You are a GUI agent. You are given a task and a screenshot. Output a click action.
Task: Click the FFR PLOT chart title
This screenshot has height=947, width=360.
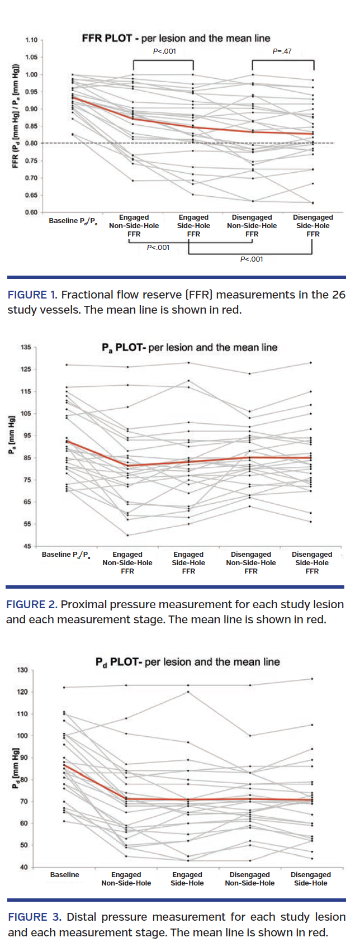tap(176, 39)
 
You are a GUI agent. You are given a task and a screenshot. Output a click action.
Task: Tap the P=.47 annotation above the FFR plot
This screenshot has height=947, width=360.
tap(282, 51)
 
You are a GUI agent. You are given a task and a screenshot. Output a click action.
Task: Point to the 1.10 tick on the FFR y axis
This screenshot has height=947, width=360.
tap(31, 40)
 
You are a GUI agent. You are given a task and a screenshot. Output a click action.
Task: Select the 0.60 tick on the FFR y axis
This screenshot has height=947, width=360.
tap(31, 212)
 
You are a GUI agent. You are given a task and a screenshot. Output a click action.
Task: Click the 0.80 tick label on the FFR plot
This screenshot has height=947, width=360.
tap(31, 144)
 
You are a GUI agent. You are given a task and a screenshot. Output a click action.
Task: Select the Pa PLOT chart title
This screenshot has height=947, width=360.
tap(189, 348)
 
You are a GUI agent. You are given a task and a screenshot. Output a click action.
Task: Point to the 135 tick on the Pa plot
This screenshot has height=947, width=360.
tap(26, 347)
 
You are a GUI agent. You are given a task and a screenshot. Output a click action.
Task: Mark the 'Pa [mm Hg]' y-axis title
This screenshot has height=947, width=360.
tap(12, 435)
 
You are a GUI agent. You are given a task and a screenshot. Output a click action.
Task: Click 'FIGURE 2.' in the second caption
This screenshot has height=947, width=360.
tap(31, 604)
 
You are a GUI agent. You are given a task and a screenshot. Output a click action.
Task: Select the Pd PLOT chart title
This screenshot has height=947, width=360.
tap(187, 662)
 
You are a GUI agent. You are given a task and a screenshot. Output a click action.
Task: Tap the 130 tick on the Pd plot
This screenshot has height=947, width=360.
tap(22, 670)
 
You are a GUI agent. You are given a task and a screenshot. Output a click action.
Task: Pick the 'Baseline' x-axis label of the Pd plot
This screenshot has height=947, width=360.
tap(64, 874)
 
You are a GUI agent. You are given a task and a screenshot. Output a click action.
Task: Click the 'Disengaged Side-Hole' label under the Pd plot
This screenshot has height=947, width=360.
tap(310, 879)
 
